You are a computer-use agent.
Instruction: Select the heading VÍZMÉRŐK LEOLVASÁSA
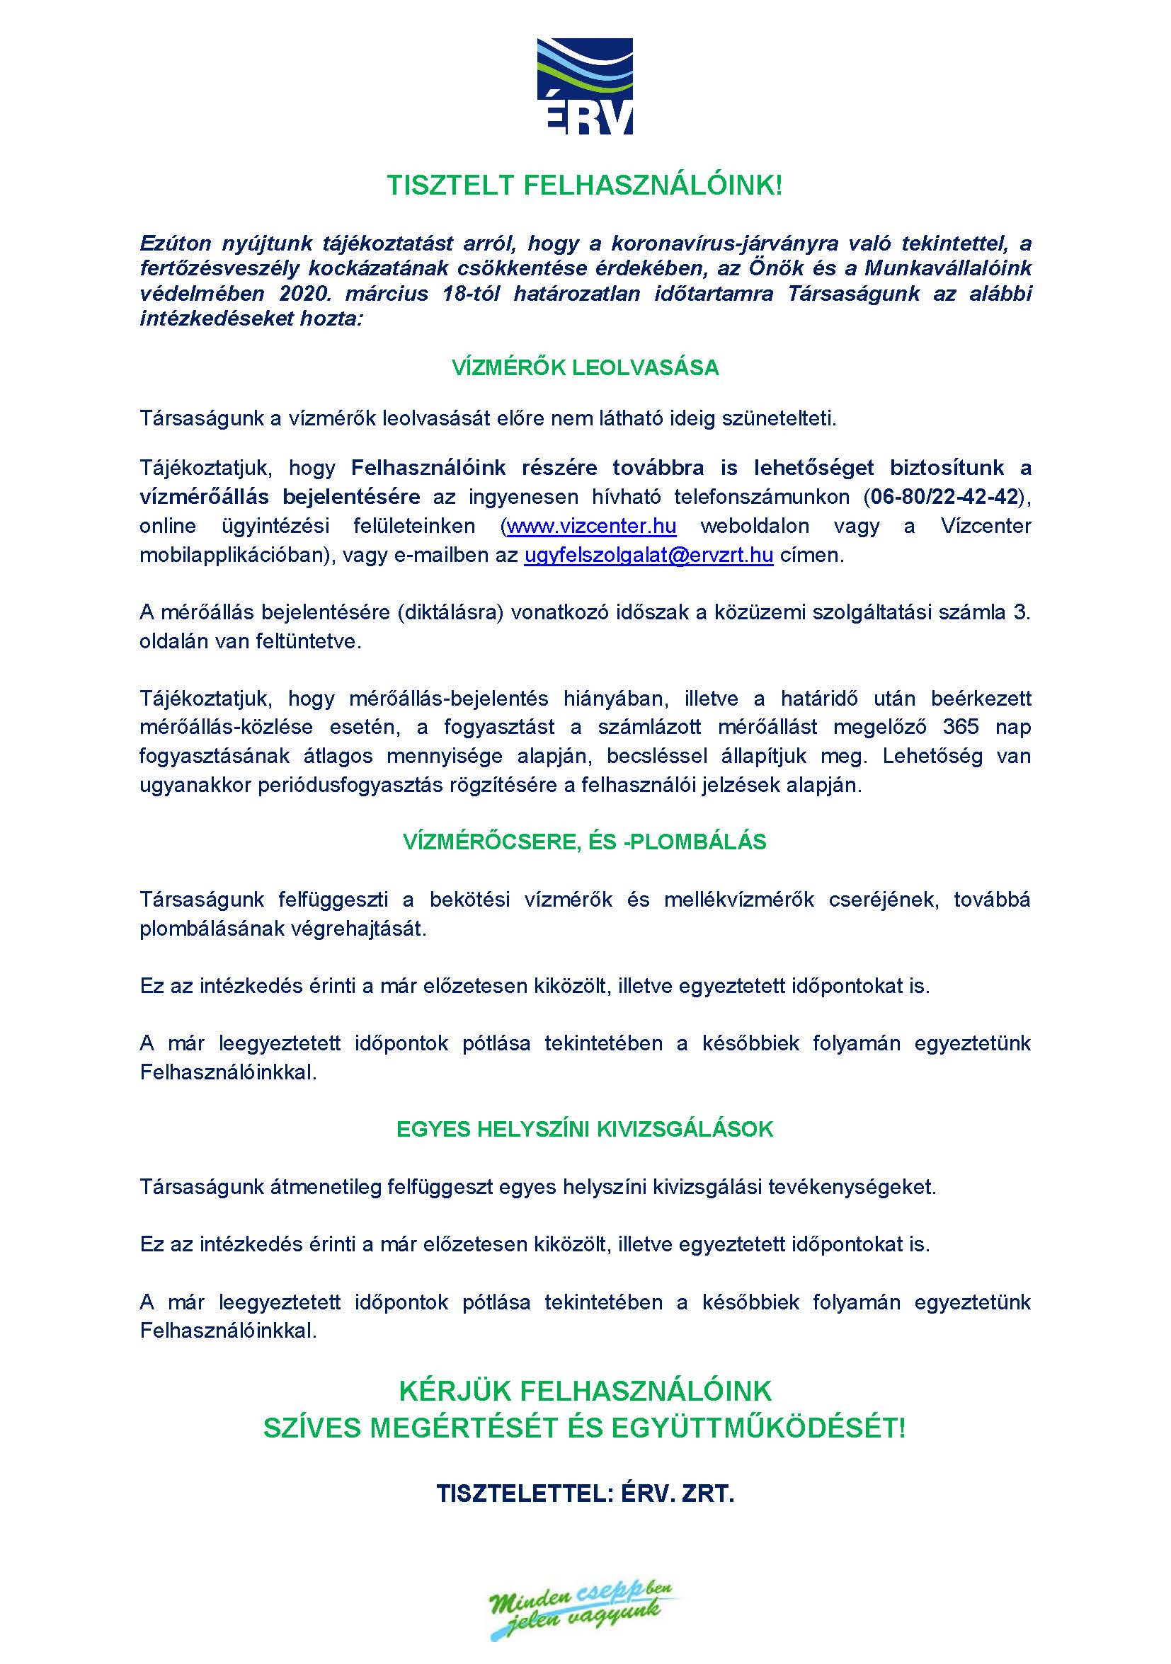point(584,368)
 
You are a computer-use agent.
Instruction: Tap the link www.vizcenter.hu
point(591,526)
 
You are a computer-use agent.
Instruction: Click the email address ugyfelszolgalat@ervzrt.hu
point(649,556)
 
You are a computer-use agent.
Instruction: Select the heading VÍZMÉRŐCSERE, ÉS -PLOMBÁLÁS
point(584,842)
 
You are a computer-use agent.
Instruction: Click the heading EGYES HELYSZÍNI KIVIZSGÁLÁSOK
point(584,1129)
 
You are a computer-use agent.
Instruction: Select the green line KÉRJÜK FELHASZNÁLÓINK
point(584,1390)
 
